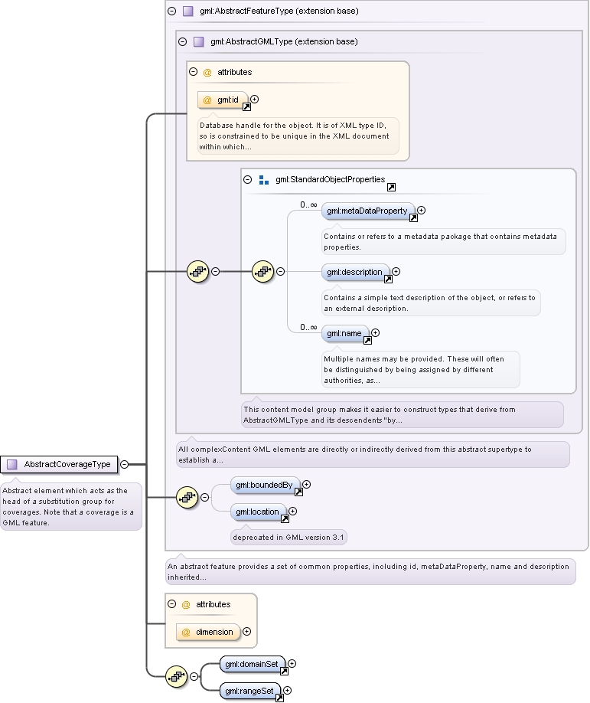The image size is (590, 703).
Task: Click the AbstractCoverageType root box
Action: point(59,465)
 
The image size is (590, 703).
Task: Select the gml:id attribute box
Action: point(223,100)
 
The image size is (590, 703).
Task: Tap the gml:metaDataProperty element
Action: point(368,211)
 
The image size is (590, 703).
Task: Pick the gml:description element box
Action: point(355,272)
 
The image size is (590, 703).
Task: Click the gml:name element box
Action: point(345,334)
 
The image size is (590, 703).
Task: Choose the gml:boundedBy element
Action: point(265,485)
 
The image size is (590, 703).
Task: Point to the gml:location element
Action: point(258,512)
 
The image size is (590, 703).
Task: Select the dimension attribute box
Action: point(208,632)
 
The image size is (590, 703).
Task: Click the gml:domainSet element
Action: point(253,664)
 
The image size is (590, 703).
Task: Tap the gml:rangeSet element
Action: point(250,691)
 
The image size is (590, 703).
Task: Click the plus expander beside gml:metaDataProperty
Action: point(421,211)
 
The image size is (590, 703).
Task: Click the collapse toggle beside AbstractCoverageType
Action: point(125,465)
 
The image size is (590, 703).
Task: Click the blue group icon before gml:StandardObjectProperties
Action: point(264,180)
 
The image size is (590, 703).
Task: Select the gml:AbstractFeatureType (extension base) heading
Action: point(279,11)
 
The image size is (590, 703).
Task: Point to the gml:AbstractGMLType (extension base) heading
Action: point(284,41)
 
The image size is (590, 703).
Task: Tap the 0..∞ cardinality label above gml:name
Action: point(308,327)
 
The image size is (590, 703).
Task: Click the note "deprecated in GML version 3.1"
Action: point(288,537)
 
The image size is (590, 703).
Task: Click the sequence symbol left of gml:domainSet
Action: point(177,676)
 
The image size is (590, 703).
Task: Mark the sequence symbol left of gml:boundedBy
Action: point(187,497)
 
